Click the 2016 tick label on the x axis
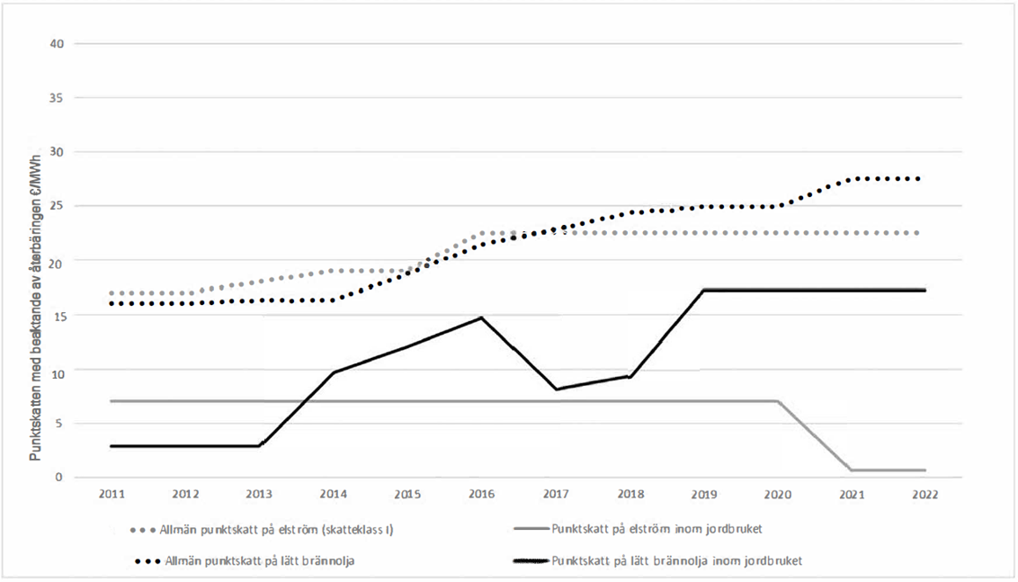pos(481,495)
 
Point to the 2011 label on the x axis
pos(112,495)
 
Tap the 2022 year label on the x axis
pos(924,495)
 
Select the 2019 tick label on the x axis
pos(703,495)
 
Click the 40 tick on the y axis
pos(56,43)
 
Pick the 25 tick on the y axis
pos(56,207)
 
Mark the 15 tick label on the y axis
pos(56,316)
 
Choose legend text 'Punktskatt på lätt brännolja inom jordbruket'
pos(677,560)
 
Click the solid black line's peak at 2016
pos(481,318)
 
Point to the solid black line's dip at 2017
pos(556,389)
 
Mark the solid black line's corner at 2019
pos(703,290)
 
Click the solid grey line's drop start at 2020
pos(778,401)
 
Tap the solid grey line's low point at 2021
pos(852,470)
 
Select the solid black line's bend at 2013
pos(260,445)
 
